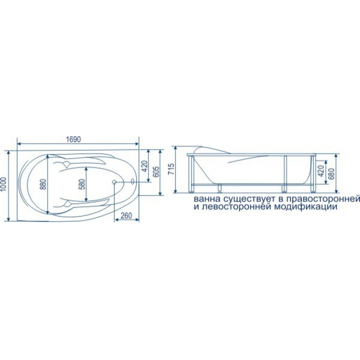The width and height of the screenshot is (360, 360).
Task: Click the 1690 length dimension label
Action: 73,139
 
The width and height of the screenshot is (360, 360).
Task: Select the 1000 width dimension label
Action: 4,185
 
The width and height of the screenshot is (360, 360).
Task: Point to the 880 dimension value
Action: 44,185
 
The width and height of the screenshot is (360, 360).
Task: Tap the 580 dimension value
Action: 82,184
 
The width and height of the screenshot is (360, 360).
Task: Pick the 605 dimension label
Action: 155,172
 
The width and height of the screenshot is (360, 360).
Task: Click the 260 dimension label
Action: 126,215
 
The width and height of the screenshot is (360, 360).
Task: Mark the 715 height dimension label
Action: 171,169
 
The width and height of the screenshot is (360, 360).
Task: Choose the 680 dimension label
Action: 331,173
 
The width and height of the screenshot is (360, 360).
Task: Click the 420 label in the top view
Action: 145,166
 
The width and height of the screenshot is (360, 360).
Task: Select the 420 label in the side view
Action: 321,171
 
